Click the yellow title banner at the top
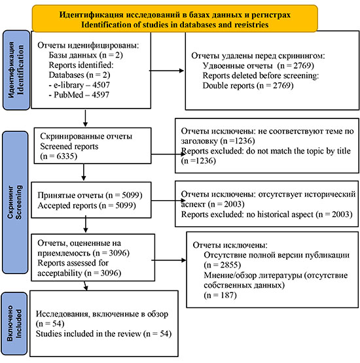(x=175, y=18)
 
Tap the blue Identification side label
(x=16, y=70)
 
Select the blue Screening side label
(x=15, y=202)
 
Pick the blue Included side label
(x=14, y=323)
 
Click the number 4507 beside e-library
(x=101, y=85)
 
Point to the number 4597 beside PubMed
(x=101, y=95)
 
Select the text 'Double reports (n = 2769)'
(x=248, y=86)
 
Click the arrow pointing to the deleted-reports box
(x=166, y=71)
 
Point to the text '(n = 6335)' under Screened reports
(x=59, y=156)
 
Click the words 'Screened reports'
(x=69, y=147)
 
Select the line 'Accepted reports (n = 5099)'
(x=86, y=205)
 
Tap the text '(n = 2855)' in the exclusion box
(x=223, y=265)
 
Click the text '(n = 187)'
(x=220, y=296)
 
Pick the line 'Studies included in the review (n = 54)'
(x=103, y=334)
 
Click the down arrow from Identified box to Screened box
(x=85, y=118)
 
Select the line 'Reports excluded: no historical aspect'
(x=247, y=215)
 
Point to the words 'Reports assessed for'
(x=73, y=263)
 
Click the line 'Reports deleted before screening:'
(x=261, y=76)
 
